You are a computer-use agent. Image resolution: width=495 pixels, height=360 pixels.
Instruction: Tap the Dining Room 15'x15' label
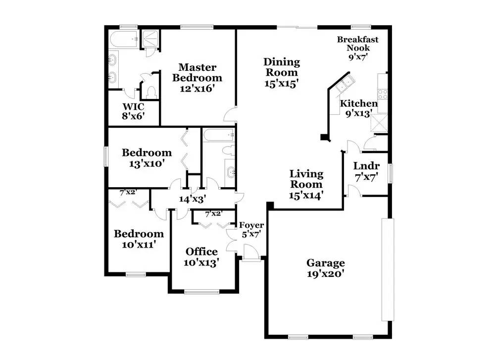pyautogui.click(x=281, y=73)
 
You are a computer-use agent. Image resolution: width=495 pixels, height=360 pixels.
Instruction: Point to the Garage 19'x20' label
pyautogui.click(x=325, y=268)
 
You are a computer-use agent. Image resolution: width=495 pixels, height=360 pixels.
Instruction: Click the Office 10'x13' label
pyautogui.click(x=201, y=257)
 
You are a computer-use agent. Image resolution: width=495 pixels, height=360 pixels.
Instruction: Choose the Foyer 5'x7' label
pyautogui.click(x=251, y=229)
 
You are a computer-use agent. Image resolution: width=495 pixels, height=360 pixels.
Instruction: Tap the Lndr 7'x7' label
pyautogui.click(x=366, y=171)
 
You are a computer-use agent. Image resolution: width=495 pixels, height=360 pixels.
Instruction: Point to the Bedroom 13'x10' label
pyautogui.click(x=147, y=157)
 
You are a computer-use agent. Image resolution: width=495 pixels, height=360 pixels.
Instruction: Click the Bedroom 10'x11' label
pyautogui.click(x=139, y=239)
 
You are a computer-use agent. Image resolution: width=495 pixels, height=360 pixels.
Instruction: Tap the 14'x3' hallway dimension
pyautogui.click(x=192, y=199)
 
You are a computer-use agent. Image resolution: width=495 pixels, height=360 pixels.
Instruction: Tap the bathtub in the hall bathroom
pyautogui.click(x=218, y=134)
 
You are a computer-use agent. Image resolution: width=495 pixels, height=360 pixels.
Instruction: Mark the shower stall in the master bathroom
pyautogui.click(x=148, y=39)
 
